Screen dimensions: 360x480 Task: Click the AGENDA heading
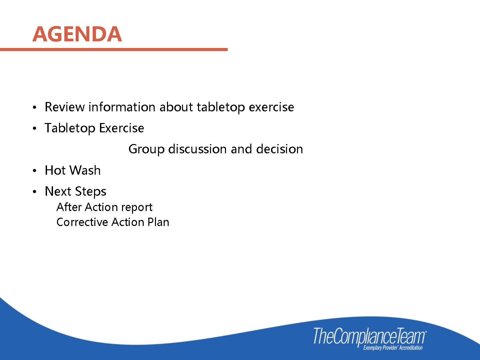pos(77,34)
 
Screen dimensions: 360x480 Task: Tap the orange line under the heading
pos(113,50)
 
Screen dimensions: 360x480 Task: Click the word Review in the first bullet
pos(65,107)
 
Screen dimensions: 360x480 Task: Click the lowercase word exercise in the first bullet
pos(271,107)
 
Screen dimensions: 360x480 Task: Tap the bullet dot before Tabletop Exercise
pos(34,129)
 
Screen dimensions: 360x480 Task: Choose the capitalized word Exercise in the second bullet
pos(121,128)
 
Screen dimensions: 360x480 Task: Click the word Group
pos(146,149)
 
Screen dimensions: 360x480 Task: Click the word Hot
pos(55,170)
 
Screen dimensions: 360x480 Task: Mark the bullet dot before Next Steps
pos(34,192)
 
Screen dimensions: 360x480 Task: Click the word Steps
pos(91,192)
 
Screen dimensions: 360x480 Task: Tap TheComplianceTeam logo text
pos(369,336)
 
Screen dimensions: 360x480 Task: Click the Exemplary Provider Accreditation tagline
pos(393,348)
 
